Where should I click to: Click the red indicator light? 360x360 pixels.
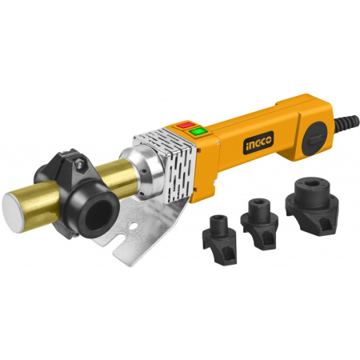click(x=186, y=125)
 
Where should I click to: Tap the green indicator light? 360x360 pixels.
click(x=198, y=131)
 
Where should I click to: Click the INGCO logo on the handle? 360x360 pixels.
click(x=258, y=142)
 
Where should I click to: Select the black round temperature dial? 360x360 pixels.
click(x=314, y=138)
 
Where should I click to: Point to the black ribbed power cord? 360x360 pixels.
click(x=346, y=123)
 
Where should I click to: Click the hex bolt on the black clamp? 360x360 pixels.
click(x=79, y=163)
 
